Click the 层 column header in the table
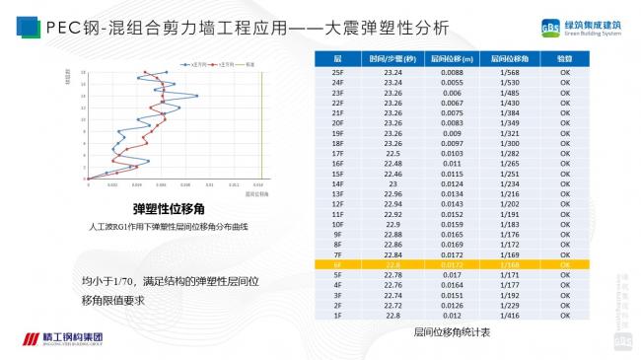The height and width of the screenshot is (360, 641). click(337, 59)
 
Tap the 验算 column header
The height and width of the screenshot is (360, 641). click(565, 59)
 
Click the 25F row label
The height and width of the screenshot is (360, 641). click(337, 72)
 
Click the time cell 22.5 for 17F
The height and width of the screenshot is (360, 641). click(392, 153)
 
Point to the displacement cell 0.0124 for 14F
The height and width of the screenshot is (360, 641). click(451, 183)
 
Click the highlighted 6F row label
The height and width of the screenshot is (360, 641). click(337, 264)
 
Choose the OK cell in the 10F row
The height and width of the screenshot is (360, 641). click(565, 224)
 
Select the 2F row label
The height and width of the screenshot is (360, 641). click(337, 305)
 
